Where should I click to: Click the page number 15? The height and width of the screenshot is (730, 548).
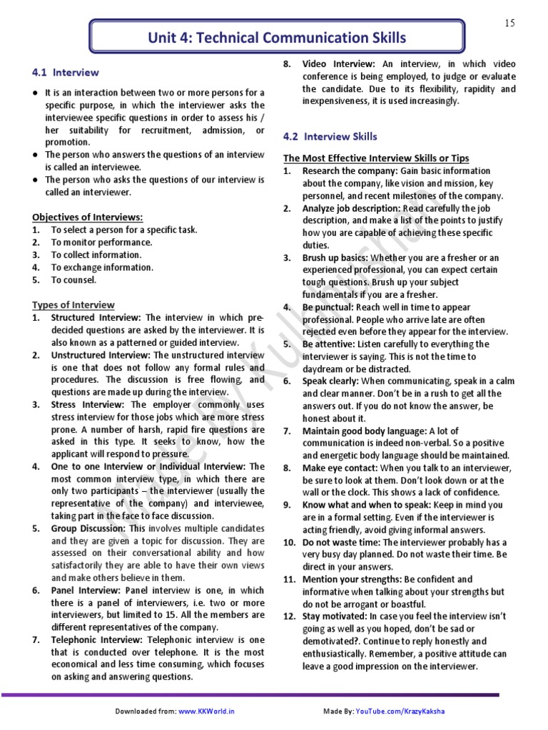pos(509,24)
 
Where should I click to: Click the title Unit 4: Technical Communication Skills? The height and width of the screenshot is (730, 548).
pos(276,38)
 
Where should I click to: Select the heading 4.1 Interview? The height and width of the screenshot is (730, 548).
pos(66,73)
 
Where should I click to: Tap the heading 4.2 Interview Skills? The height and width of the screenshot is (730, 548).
pos(330,136)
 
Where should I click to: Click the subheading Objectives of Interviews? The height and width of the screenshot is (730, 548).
pos(87,217)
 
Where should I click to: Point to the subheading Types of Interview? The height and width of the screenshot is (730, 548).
pos(73,304)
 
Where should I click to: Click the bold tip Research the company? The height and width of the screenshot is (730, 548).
pos(350,171)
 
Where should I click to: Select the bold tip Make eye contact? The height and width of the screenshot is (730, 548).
pos(340,468)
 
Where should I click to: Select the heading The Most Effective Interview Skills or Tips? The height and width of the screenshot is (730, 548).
pos(376,158)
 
